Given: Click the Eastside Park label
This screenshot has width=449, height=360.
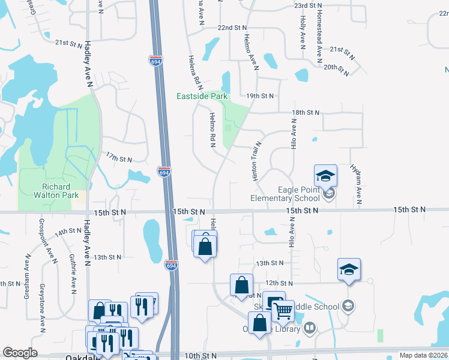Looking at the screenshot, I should (202, 96).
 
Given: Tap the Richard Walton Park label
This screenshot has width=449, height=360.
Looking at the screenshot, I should (60, 191).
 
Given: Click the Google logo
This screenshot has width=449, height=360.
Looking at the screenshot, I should (20, 353).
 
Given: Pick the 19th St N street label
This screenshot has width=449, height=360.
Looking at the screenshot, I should (260, 96).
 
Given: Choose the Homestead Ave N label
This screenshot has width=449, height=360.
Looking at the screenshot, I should (320, 24).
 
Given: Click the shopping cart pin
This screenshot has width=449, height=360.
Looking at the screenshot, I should (283, 311).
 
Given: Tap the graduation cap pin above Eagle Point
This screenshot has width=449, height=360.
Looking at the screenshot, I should (325, 175).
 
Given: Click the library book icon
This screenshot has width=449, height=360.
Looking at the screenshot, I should (310, 328).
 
